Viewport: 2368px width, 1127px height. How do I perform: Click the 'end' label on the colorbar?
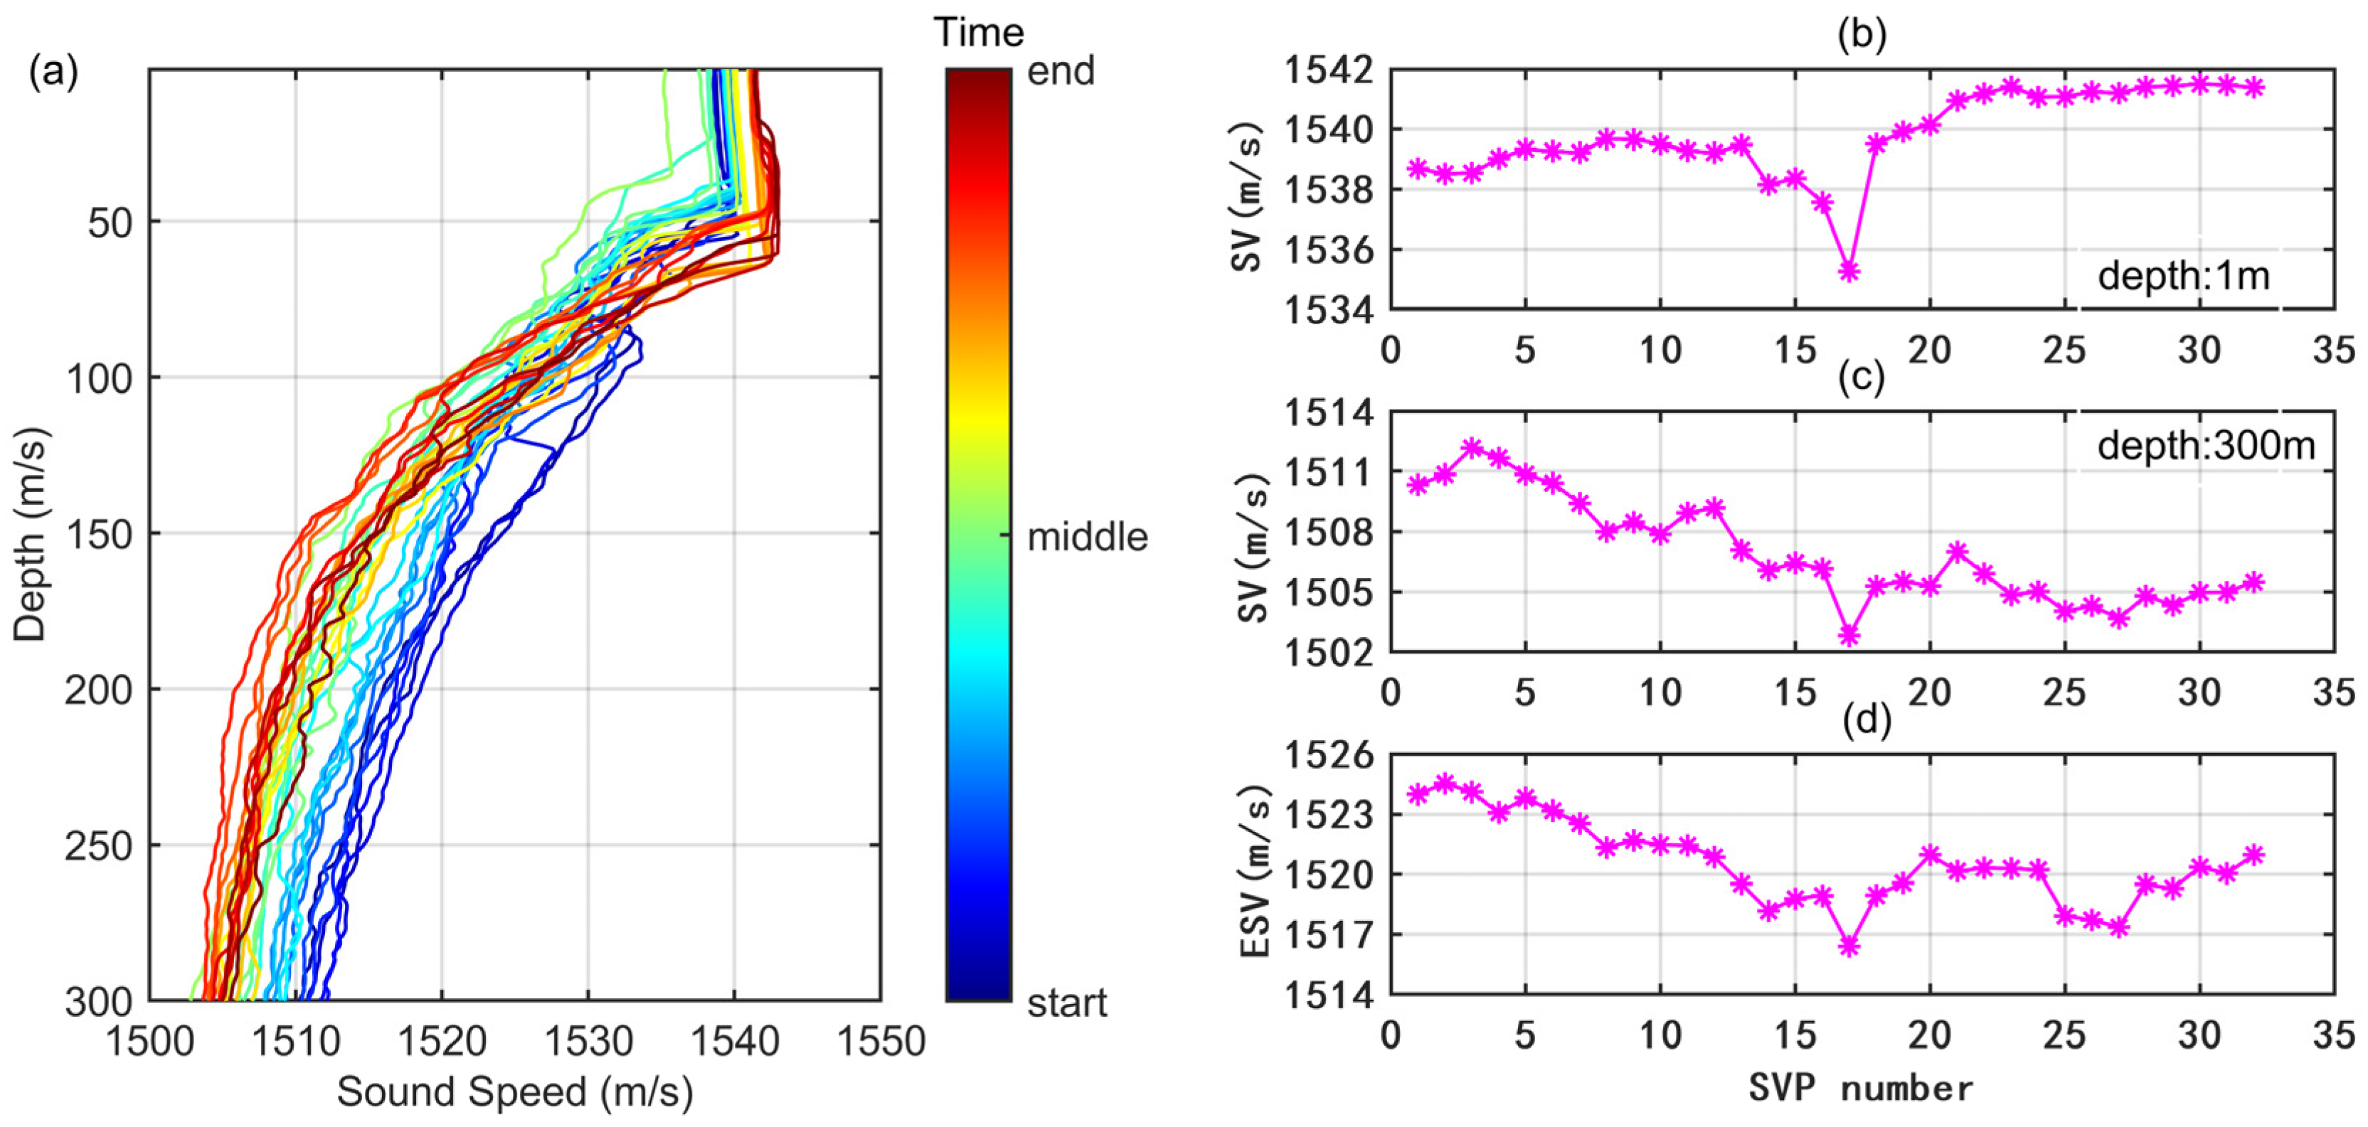pyautogui.click(x=1060, y=72)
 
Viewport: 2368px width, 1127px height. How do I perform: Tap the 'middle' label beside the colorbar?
pyautogui.click(x=1087, y=537)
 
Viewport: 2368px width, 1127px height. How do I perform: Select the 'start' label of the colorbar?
pyautogui.click(x=1066, y=1003)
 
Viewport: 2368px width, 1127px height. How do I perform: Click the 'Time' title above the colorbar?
pyautogui.click(x=979, y=33)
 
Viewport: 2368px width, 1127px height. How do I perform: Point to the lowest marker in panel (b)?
pyautogui.click(x=1849, y=270)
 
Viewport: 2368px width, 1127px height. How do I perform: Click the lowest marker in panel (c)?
pyautogui.click(x=1849, y=635)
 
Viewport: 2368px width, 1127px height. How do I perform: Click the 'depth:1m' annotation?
pyautogui.click(x=2183, y=276)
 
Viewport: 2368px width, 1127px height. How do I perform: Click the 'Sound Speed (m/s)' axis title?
pyautogui.click(x=515, y=1092)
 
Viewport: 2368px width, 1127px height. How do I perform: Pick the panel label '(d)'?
pyautogui.click(x=1861, y=721)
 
